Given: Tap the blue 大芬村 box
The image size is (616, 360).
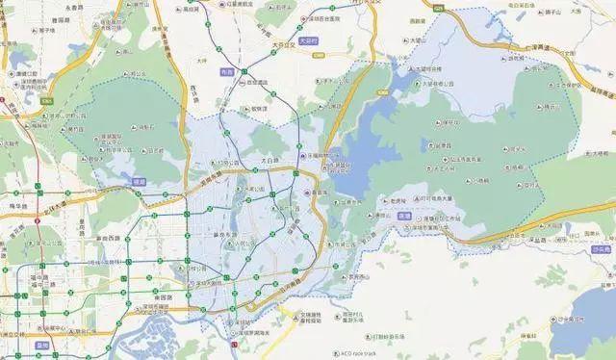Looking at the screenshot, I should [x=307, y=43].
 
